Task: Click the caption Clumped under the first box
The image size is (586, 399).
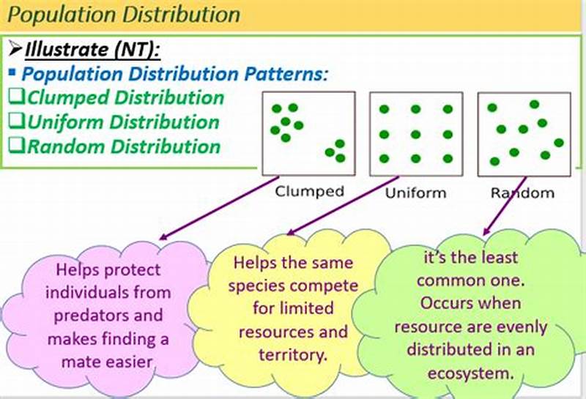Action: [309, 192]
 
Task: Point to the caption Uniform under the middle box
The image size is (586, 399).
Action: [415, 194]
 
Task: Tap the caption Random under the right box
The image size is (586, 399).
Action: [522, 194]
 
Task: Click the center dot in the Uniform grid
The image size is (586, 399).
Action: [415, 134]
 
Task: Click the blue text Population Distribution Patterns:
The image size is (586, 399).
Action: [176, 74]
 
